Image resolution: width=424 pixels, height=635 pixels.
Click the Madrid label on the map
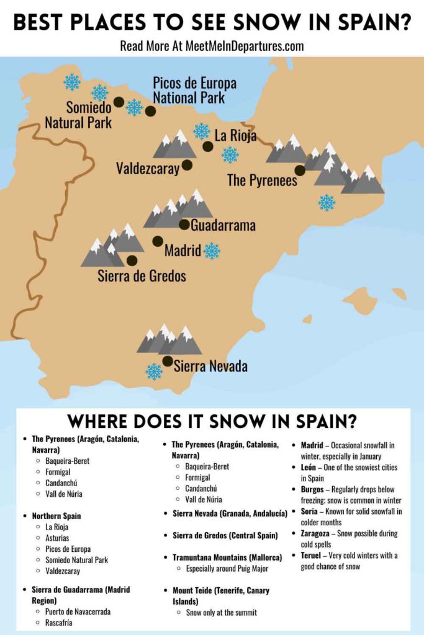(183, 251)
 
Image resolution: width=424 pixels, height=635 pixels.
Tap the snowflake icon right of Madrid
(212, 251)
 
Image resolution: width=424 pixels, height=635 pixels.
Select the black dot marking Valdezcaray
(186, 166)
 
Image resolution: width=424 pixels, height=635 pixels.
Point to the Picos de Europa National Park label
(194, 91)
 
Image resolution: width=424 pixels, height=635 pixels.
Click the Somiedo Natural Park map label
(78, 115)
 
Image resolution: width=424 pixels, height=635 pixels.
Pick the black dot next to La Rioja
(207, 147)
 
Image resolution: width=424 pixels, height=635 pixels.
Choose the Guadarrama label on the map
(223, 226)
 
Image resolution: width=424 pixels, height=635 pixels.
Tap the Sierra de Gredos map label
(142, 277)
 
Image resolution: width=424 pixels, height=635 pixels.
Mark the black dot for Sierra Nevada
(167, 360)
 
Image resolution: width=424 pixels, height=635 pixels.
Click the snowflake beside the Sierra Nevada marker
(154, 371)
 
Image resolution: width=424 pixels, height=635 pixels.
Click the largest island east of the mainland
(360, 301)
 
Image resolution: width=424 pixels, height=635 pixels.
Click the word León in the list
(311, 467)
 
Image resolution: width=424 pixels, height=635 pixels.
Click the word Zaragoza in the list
(317, 533)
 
